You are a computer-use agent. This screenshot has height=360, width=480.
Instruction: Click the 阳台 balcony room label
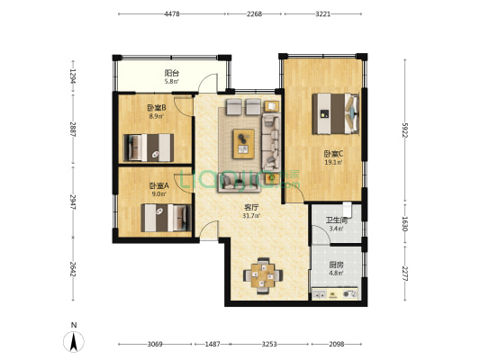(x=172, y=73)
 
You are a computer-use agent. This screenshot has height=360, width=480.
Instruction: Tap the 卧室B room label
(x=157, y=108)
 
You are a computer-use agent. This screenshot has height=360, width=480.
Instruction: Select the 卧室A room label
(x=158, y=185)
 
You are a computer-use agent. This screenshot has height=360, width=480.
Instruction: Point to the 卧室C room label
(x=334, y=154)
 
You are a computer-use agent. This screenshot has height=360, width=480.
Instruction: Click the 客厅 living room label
(x=251, y=207)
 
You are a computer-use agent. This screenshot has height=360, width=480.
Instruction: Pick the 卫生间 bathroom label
(x=336, y=220)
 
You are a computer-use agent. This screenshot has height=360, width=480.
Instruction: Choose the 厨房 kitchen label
(x=336, y=265)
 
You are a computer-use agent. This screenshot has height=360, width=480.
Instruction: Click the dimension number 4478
(x=172, y=14)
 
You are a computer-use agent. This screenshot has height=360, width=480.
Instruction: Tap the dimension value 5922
(x=405, y=130)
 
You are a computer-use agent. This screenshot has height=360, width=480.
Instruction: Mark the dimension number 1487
(x=213, y=344)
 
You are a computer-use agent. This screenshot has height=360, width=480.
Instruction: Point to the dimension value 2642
(x=73, y=269)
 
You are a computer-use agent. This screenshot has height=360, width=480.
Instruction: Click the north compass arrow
(x=74, y=342)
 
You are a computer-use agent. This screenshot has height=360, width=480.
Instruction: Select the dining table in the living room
(x=263, y=275)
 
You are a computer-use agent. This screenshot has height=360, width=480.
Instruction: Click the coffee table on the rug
(x=244, y=144)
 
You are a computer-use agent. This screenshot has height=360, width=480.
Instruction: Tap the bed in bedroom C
(x=336, y=113)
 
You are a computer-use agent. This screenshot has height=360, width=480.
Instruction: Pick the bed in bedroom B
(x=149, y=148)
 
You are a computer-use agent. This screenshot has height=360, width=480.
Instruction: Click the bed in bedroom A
(x=167, y=218)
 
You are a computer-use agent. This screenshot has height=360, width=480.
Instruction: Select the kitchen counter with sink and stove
(x=335, y=294)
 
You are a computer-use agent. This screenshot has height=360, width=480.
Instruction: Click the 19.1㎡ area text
(x=333, y=162)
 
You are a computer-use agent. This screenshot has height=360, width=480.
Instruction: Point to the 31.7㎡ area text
(x=251, y=216)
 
